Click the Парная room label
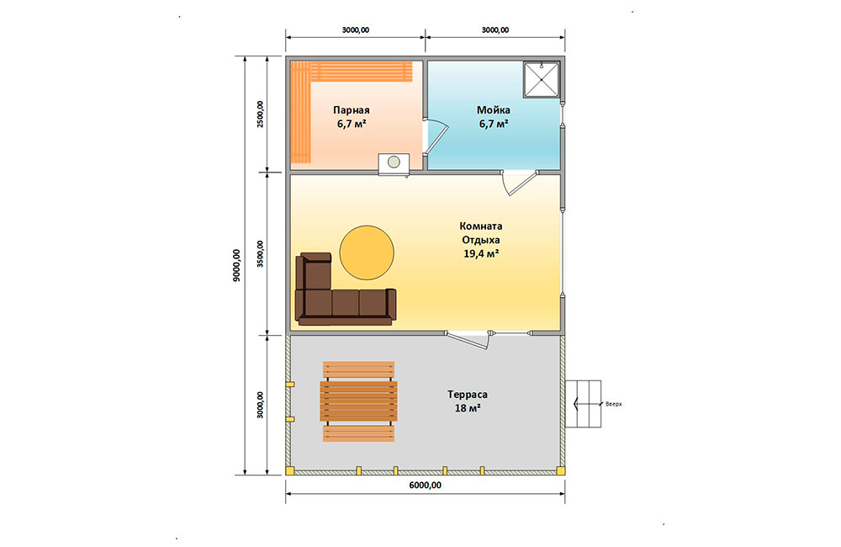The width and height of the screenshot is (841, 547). point(352,110)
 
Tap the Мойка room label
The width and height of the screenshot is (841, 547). point(494,110)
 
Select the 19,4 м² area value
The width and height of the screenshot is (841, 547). point(481,253)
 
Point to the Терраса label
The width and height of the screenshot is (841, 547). point(468,395)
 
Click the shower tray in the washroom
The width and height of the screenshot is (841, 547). point(542,79)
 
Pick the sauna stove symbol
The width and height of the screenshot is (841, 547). point(394,163)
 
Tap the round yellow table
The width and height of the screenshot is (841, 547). point(367,252)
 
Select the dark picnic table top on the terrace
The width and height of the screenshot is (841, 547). point(359,401)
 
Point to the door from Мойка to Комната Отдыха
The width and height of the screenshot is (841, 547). point(518,182)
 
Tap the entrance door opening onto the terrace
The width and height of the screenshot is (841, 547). point(468,340)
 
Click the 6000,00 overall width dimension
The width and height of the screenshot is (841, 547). point(426,486)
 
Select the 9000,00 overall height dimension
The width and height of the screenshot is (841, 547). point(237,266)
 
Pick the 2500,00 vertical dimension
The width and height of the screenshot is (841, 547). point(260,114)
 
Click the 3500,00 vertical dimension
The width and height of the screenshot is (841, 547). point(260,254)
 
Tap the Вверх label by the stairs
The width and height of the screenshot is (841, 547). point(614,404)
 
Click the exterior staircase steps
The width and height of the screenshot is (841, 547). point(583,404)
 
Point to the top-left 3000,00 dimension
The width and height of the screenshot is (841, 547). point(356,30)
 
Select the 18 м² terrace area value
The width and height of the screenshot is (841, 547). point(468,408)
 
